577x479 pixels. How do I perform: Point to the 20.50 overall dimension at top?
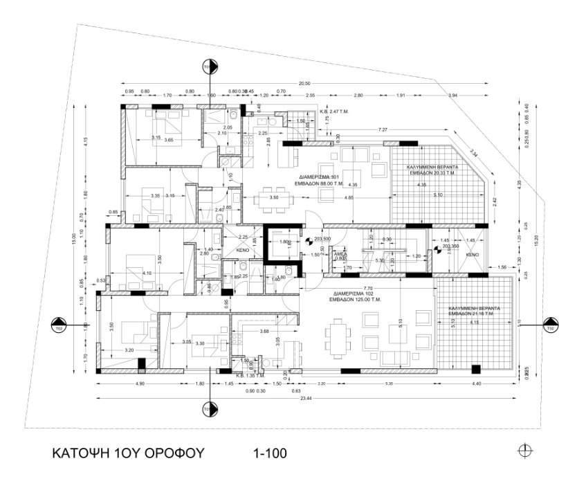[303, 83]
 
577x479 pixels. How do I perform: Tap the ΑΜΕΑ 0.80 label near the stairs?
[340, 257]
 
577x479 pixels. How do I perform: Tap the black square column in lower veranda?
[475, 368]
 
